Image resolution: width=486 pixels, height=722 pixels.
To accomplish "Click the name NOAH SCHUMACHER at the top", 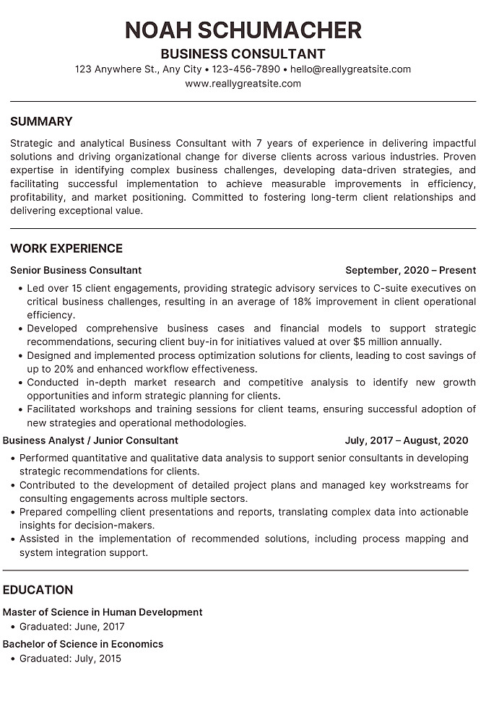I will point(243,30).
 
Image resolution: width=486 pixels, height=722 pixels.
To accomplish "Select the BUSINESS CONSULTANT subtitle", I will point(243,54).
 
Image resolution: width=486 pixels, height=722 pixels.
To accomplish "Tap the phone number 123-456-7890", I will point(246,69).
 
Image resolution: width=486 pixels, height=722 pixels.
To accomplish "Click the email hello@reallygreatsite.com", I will point(351,69).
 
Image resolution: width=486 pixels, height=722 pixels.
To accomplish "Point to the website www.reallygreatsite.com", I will point(243,84).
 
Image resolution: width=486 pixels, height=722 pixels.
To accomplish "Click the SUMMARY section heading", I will point(41,121).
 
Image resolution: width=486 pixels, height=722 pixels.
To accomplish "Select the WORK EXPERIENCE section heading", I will point(66,248).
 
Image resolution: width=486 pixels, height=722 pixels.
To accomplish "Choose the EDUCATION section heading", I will point(38,590).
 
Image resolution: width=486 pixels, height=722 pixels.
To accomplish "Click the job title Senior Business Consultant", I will point(76,270).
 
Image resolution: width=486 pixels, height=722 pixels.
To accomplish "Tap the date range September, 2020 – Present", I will point(410,270).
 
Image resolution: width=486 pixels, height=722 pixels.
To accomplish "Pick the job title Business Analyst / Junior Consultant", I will point(90,440).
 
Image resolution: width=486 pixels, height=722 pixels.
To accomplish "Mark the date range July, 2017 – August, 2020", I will point(407,440).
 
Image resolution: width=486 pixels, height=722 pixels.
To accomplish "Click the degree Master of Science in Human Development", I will point(103,612).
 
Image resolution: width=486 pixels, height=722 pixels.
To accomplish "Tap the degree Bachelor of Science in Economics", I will point(83,644).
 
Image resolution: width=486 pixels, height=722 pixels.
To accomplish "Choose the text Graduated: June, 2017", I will point(72,627).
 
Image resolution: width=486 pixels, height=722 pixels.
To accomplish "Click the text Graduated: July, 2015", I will point(71,658).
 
